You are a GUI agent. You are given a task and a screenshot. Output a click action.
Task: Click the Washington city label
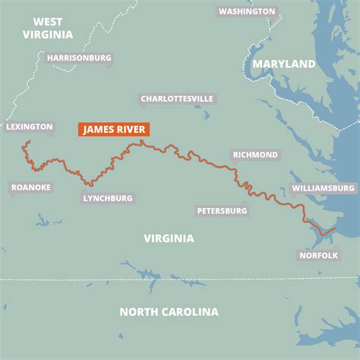[x=247, y=11]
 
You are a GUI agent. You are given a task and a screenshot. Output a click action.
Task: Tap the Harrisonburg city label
[x=79, y=58]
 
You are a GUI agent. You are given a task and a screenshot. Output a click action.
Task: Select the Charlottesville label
[x=177, y=99]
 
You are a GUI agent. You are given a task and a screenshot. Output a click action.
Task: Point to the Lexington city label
[x=30, y=127]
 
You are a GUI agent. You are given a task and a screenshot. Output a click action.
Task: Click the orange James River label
[x=114, y=129]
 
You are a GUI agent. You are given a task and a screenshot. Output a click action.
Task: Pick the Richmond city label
[x=256, y=155]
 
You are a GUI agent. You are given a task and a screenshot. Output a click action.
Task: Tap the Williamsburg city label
[x=324, y=188]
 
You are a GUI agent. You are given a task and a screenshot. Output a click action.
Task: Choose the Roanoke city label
[x=31, y=187]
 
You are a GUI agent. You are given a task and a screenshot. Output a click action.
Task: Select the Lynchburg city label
[x=107, y=198]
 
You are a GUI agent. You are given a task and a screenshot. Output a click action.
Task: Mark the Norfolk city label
[x=318, y=255]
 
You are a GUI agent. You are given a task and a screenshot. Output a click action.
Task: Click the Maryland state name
[x=284, y=65]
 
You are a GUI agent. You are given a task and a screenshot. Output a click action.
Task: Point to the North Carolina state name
[x=169, y=311]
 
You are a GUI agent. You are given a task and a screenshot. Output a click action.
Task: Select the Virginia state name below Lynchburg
[x=169, y=238]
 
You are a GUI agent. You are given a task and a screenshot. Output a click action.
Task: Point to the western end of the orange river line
[x=26, y=141]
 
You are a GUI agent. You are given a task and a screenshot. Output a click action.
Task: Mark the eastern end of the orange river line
[x=332, y=228]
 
